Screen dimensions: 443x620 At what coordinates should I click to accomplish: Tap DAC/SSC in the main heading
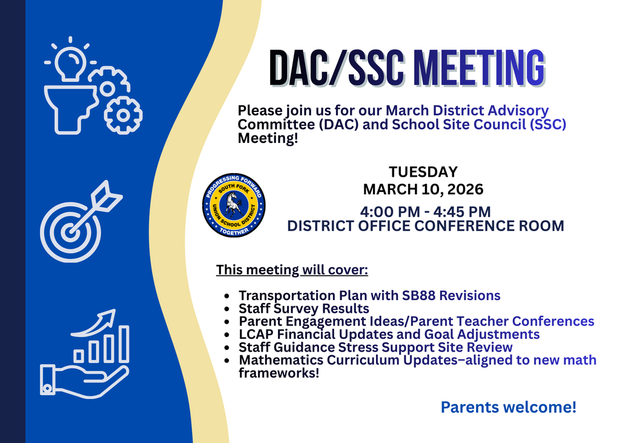click(336, 67)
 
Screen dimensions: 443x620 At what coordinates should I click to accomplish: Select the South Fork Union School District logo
click(233, 205)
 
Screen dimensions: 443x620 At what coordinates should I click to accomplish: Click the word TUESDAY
click(423, 172)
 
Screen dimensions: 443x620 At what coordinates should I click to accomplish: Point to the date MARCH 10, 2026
click(423, 189)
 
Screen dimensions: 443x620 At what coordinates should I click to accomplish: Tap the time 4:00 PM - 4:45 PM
click(425, 212)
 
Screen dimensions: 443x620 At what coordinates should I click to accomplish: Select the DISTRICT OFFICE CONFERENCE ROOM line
click(425, 226)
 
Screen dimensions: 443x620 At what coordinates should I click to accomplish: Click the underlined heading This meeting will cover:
click(292, 269)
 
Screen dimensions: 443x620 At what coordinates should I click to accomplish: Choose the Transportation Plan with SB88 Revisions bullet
click(369, 295)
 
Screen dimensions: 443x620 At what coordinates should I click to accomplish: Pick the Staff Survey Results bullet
click(303, 309)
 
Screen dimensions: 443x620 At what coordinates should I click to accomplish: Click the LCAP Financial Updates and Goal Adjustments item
click(389, 334)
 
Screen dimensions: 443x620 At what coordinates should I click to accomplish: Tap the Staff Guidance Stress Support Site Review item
click(375, 347)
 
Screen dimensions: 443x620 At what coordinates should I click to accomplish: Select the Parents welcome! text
click(508, 407)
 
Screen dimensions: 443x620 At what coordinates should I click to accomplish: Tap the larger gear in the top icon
click(123, 114)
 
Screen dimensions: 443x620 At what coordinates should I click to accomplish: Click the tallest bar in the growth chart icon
click(124, 343)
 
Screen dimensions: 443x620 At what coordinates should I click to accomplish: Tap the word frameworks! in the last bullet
click(279, 373)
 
